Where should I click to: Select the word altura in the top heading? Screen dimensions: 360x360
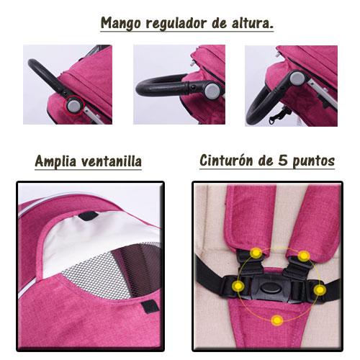250,23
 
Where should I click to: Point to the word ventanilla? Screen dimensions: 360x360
112,161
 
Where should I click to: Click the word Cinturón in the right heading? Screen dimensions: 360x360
226,161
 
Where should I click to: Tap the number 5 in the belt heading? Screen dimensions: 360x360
283,160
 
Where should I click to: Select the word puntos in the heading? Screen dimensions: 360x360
313,161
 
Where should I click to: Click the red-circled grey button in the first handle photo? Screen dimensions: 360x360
73,106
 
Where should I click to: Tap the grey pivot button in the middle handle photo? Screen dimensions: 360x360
212,90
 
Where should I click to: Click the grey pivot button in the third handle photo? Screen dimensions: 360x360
297,78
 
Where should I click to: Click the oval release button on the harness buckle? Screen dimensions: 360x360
271,287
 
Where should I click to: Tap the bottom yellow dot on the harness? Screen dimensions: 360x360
277,320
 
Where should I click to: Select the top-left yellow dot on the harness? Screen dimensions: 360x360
256,253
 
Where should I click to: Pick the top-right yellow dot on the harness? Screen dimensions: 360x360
304,256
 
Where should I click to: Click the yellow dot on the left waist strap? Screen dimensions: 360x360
238,286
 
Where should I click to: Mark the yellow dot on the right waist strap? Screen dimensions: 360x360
319,290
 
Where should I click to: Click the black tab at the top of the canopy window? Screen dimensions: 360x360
89,215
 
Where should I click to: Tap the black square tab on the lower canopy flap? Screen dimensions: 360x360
150,307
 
